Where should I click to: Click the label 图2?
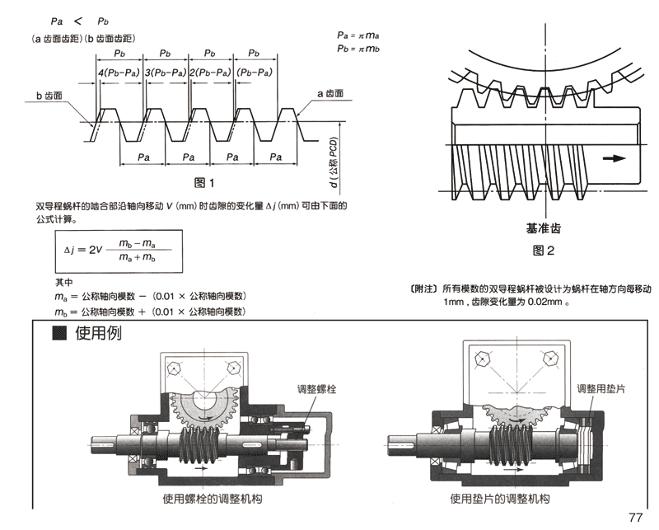[x=543, y=250]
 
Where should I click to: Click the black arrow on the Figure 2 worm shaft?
[x=613, y=159]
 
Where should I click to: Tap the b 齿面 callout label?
[x=51, y=96]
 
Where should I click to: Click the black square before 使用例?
[x=58, y=333]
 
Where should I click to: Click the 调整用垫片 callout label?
[x=601, y=387]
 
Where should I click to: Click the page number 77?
[x=634, y=518]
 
